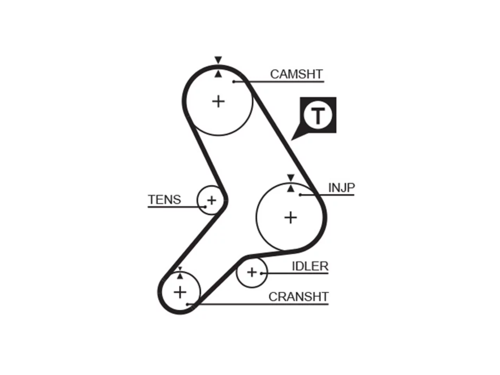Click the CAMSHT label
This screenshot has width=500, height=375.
pyautogui.click(x=296, y=74)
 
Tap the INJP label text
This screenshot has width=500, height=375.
pyautogui.click(x=341, y=188)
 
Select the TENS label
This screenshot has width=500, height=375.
pyautogui.click(x=164, y=200)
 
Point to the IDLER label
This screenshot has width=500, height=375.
pyautogui.click(x=310, y=266)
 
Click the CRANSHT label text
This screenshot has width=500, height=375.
pyautogui.click(x=298, y=296)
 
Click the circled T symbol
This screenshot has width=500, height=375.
pyautogui.click(x=318, y=115)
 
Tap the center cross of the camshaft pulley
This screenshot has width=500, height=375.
pyautogui.click(x=218, y=102)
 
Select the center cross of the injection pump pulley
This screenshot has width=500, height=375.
pyautogui.click(x=291, y=218)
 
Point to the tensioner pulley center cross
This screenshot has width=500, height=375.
pyautogui.click(x=211, y=200)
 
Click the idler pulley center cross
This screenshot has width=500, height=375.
pyautogui.click(x=252, y=272)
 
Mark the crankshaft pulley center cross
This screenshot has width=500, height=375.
pyautogui.click(x=180, y=292)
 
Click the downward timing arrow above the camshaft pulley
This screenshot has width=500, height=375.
pyautogui.click(x=218, y=60)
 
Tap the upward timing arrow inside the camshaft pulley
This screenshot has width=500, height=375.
pyautogui.click(x=218, y=74)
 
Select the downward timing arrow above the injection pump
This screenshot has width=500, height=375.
pyautogui.click(x=291, y=178)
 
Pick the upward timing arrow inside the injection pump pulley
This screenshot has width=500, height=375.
pyautogui.click(x=291, y=189)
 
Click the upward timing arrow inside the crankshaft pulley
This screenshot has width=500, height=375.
pyautogui.click(x=180, y=276)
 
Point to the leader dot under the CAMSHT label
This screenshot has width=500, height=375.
pyautogui.click(x=234, y=82)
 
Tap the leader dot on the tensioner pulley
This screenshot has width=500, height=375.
pyautogui.click(x=205, y=207)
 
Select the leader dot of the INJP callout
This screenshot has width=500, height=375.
pyautogui.click(x=300, y=195)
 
